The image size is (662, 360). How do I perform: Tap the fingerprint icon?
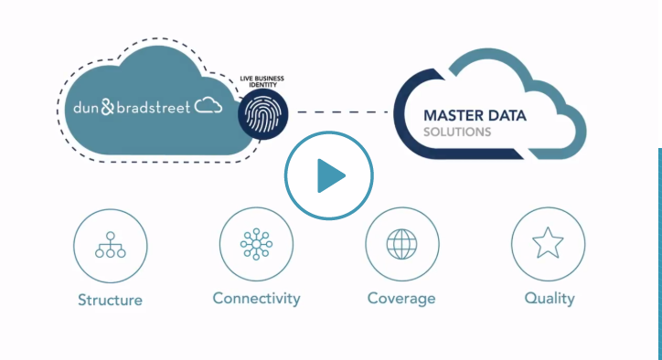[x=263, y=115]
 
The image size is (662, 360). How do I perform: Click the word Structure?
[x=110, y=300]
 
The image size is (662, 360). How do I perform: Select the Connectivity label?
[x=256, y=299]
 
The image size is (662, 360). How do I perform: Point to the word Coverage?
[x=401, y=299]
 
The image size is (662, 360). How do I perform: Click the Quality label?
[x=550, y=299]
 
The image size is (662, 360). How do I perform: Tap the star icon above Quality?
[x=548, y=244]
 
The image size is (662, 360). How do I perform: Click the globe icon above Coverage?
[x=401, y=244]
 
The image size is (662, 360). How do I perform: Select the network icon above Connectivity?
[x=256, y=244]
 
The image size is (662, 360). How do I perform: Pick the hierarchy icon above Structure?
[x=110, y=244]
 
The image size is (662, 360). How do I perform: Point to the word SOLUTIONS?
[x=457, y=132]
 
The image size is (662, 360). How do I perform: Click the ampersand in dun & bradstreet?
[x=108, y=107]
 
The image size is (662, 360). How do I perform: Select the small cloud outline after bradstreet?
[x=208, y=106]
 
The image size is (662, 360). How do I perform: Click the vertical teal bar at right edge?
[x=659, y=238]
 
